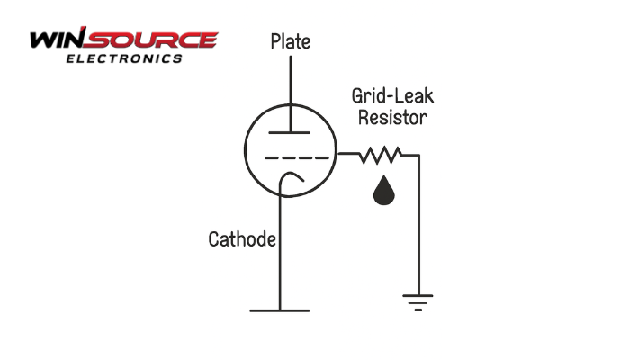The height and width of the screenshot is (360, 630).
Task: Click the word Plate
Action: [291, 42]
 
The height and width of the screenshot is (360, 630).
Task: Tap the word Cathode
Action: [241, 240]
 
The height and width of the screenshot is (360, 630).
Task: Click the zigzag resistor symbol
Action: [379, 156]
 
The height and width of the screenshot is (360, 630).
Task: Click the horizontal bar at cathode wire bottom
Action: [280, 310]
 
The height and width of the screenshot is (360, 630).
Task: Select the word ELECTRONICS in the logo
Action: [124, 58]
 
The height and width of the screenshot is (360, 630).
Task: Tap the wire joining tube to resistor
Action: [348, 155]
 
